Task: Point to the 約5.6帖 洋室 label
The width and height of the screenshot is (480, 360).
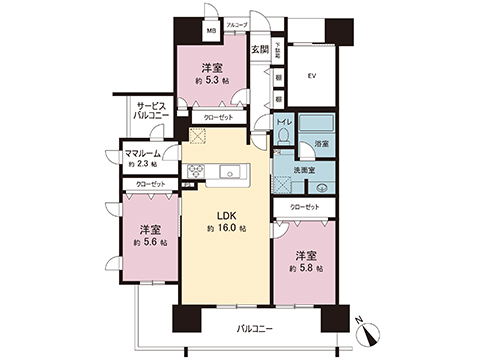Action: click(149, 234)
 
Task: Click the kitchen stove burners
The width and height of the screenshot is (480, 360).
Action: click(196, 169)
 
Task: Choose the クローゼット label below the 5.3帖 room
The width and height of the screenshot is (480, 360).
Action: click(219, 117)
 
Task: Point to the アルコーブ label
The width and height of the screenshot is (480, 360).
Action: click(236, 23)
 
